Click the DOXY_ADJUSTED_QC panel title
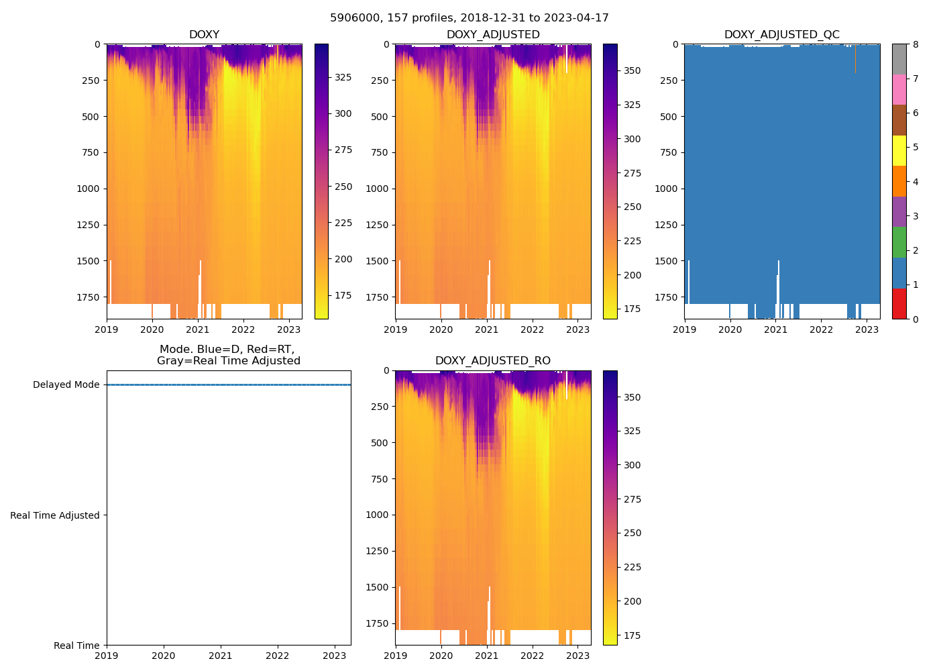click(x=781, y=35)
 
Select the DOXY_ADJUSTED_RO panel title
click(x=493, y=361)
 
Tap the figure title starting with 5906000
click(x=469, y=18)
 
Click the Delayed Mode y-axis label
click(x=66, y=385)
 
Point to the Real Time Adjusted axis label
click(x=55, y=515)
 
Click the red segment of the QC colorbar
click(x=899, y=303)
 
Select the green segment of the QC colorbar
click(x=899, y=242)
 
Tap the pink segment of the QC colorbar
click(x=899, y=89)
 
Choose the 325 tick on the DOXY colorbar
click(x=343, y=78)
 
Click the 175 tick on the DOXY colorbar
click(x=343, y=296)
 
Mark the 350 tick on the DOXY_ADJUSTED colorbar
click(x=632, y=70)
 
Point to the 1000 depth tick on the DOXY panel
click(x=89, y=189)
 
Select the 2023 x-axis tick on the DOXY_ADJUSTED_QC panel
click(x=867, y=329)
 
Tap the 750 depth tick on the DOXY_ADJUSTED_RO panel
click(x=380, y=479)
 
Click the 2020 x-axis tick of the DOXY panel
click(x=152, y=329)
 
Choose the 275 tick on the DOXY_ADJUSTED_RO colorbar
click(x=632, y=499)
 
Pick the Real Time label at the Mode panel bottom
click(x=76, y=646)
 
